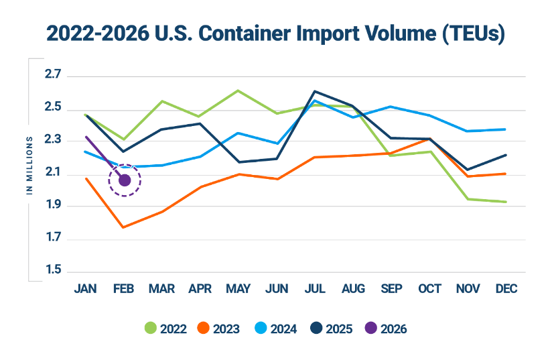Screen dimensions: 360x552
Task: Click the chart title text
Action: point(275,34)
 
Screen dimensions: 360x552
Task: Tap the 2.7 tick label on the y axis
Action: point(53,75)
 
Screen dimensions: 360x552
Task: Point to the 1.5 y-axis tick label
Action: point(53,271)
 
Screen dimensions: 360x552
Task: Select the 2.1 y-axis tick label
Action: point(53,174)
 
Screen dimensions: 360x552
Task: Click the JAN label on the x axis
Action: point(84,289)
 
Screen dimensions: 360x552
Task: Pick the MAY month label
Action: point(238,289)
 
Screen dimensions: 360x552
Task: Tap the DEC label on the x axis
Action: point(506,289)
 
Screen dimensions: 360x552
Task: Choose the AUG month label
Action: point(353,289)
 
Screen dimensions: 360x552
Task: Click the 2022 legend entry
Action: point(166,328)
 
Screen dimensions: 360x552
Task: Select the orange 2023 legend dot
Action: point(204,328)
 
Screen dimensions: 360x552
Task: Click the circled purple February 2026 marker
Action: point(125,179)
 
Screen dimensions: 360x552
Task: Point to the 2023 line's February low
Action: point(123,227)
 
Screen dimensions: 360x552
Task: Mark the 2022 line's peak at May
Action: point(238,90)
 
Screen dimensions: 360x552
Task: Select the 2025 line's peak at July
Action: point(315,91)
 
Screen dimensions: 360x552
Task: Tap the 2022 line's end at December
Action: point(506,202)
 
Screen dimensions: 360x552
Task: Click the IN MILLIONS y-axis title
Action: point(30,166)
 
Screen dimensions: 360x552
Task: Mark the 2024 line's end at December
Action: point(506,129)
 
